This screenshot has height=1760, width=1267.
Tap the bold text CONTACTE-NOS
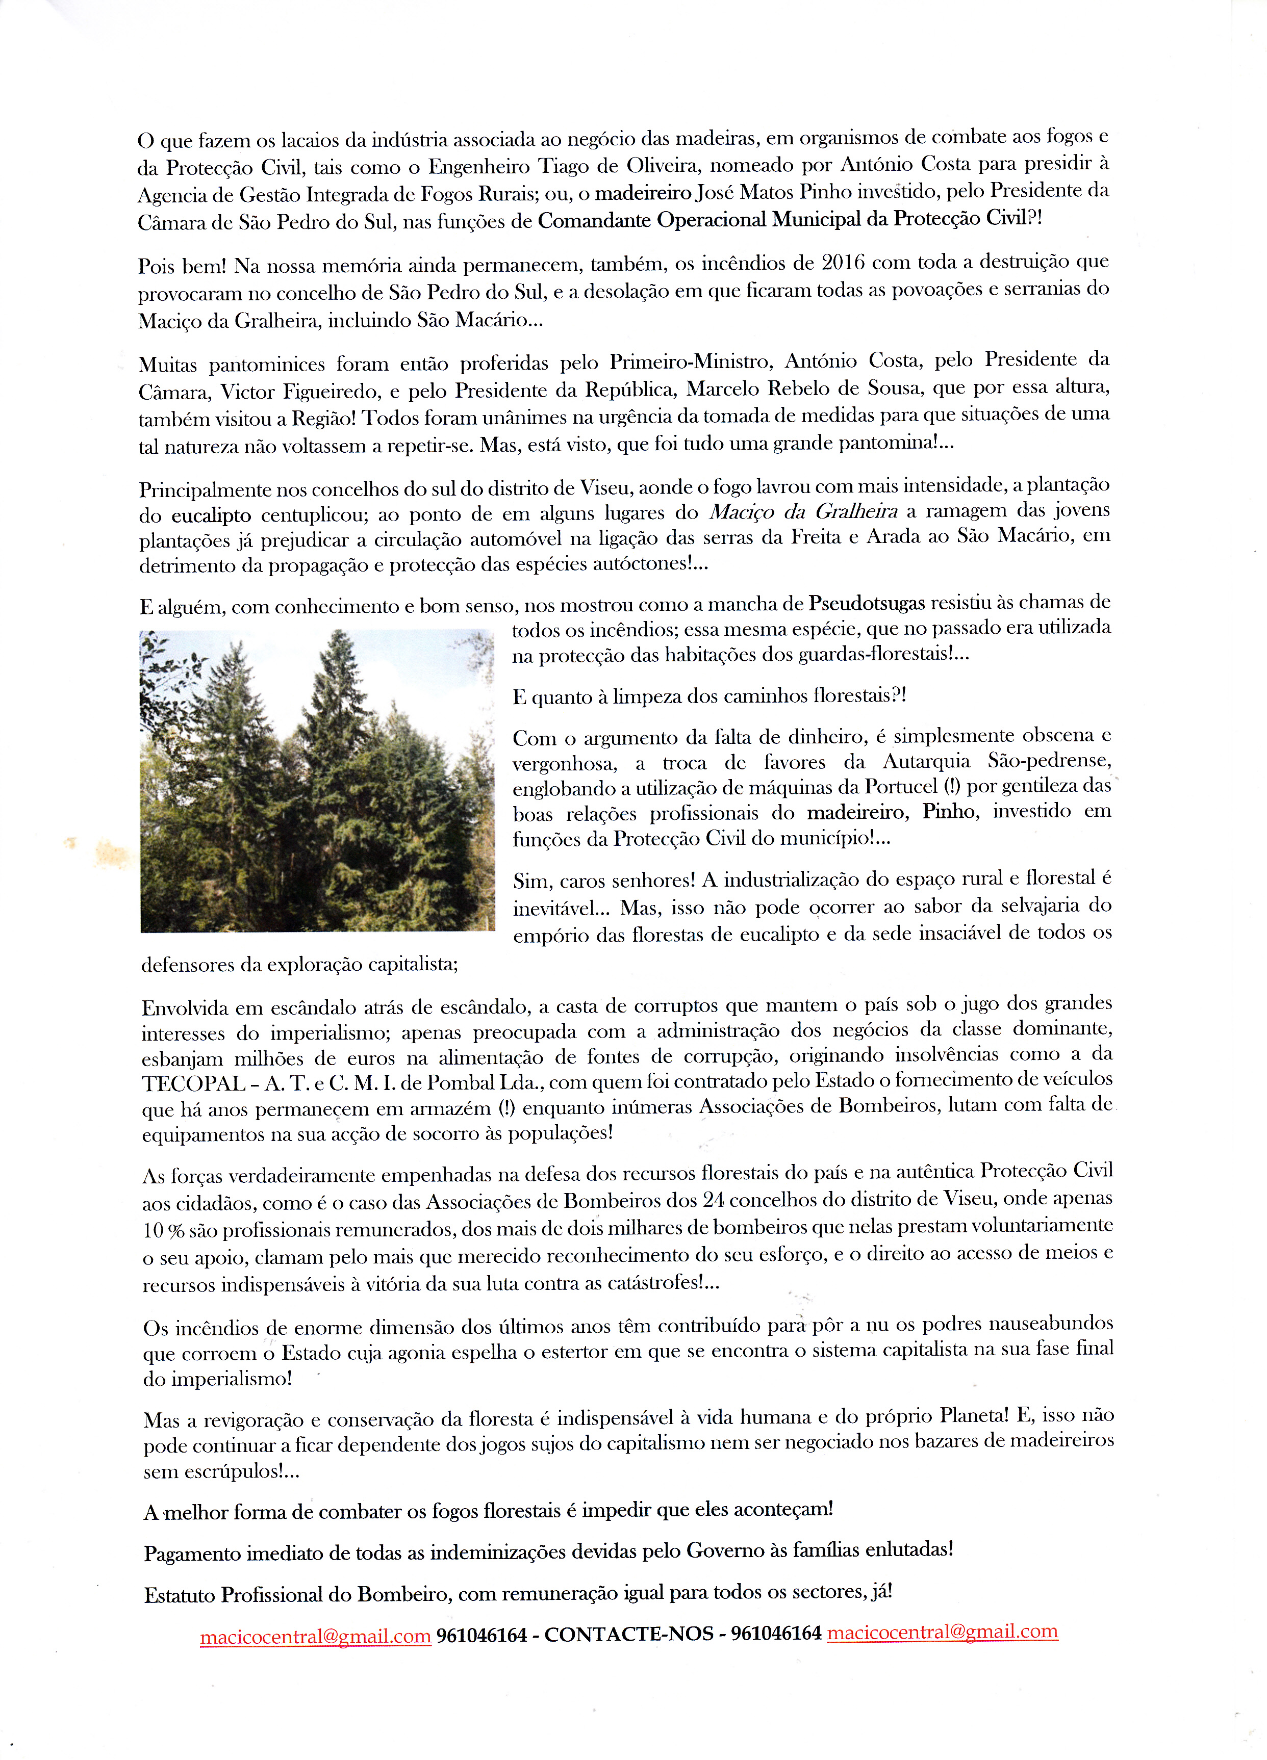pos(629,1634)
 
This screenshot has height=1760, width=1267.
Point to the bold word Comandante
pos(593,220)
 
